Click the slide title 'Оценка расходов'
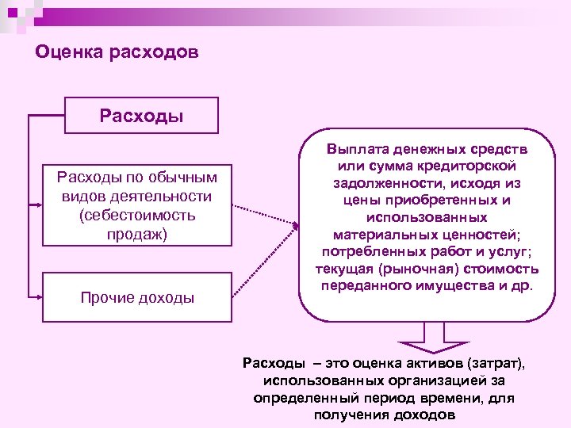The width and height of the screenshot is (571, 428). tap(117, 53)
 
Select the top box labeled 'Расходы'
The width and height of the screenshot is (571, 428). tap(142, 116)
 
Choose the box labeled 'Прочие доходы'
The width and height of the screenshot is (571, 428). tap(137, 297)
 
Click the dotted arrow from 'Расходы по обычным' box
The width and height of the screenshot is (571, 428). tap(263, 217)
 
